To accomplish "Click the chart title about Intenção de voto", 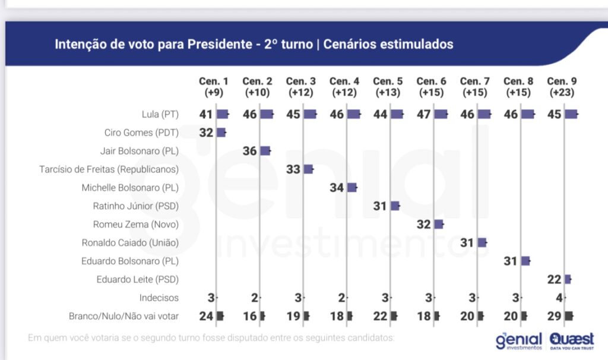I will click(254, 44).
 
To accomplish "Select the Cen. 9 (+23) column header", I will click(561, 87).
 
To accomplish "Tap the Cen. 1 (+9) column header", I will click(214, 87).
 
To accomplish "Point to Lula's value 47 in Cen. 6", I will click(424, 114).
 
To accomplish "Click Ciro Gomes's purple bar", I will click(221, 132).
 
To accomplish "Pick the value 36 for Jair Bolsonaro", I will click(249, 151).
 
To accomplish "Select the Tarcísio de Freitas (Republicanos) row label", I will click(109, 169).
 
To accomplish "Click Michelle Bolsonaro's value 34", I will click(337, 188).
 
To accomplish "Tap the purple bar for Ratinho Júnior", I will click(395, 206).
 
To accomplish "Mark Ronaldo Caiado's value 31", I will click(467, 242).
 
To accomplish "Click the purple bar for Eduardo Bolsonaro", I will click(525, 261).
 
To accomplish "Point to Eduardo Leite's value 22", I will click(554, 279).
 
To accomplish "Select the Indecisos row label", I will click(159, 298).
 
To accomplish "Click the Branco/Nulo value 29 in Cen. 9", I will click(554, 316).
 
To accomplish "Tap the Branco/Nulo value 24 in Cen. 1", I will click(206, 316).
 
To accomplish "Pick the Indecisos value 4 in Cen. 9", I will click(558, 298).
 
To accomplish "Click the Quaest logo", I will click(571, 339).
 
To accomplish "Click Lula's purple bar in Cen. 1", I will click(223, 114).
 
